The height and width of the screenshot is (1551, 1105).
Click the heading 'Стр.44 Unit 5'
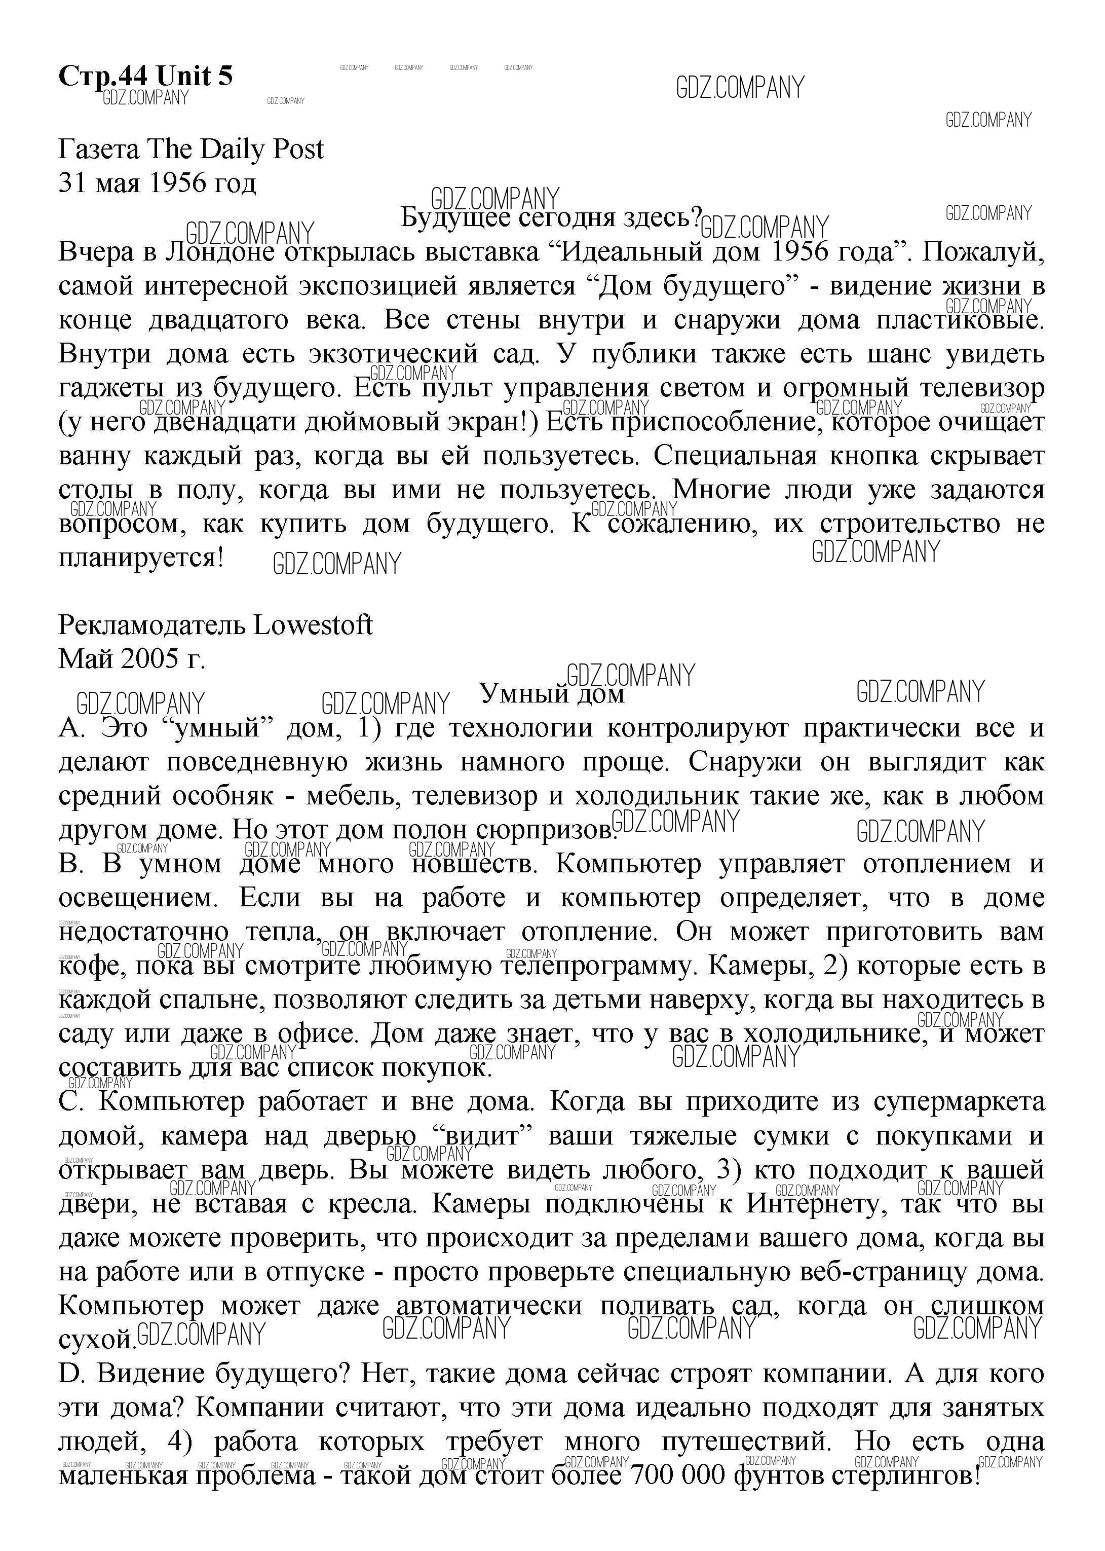[x=145, y=76]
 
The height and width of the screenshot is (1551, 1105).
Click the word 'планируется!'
[x=141, y=558]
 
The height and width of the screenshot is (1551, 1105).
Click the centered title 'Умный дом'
[x=552, y=693]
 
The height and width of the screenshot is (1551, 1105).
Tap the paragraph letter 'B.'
[x=71, y=864]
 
